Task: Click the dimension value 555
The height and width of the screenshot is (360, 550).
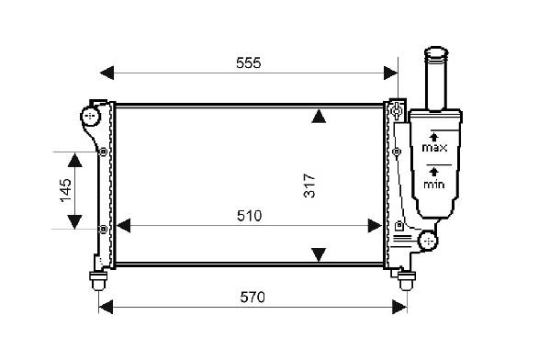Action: [x=248, y=63]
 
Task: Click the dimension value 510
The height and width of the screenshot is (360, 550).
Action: [x=249, y=216]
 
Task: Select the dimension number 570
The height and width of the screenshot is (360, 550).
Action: [x=253, y=298]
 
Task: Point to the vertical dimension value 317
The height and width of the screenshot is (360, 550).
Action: [x=309, y=186]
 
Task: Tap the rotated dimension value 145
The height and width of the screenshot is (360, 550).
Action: [x=65, y=190]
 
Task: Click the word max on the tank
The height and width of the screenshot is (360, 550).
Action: [x=434, y=148]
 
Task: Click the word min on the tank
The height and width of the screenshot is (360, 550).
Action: [x=434, y=184]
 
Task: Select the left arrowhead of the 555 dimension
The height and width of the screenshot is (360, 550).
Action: [x=107, y=73]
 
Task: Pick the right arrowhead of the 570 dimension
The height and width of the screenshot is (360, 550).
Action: [x=399, y=308]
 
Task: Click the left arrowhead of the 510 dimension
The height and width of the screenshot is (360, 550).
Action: [x=123, y=226]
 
